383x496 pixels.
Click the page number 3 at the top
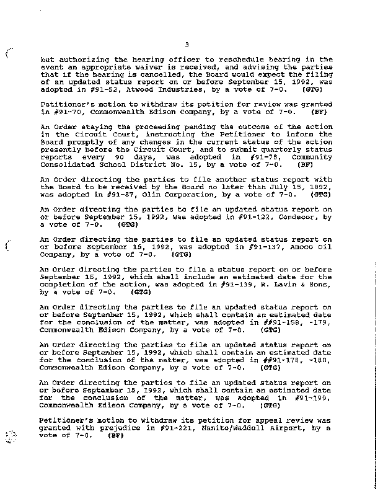pyautogui.click(x=186, y=43)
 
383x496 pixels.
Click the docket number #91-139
pyautogui.click(x=228, y=285)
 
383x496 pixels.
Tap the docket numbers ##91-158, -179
pyautogui.click(x=296, y=323)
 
